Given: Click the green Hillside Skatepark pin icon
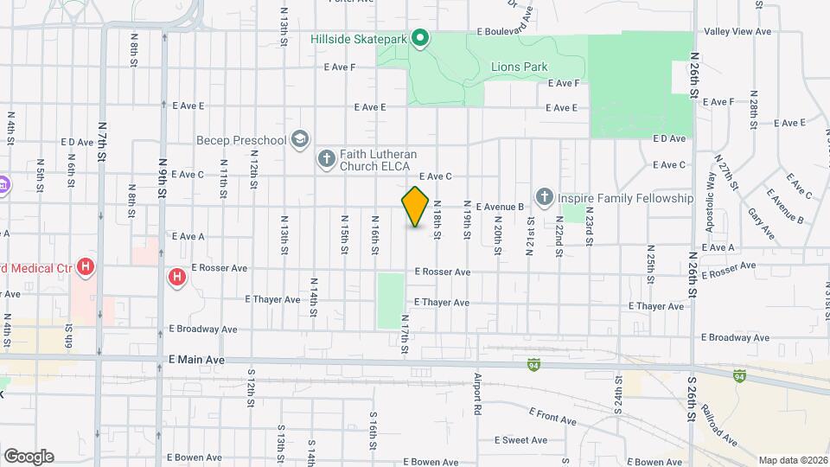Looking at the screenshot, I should pos(420,38).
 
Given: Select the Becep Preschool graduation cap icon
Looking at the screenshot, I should pos(300,140).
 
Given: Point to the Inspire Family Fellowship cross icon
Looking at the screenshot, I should pos(545,198).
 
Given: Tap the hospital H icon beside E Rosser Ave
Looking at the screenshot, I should pos(176,278).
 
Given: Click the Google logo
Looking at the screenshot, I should pos(29,456).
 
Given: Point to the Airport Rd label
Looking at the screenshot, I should pos(476,392).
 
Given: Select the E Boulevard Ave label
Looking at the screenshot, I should pos(511,32).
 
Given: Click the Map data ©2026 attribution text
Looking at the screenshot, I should pos(792,460).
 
